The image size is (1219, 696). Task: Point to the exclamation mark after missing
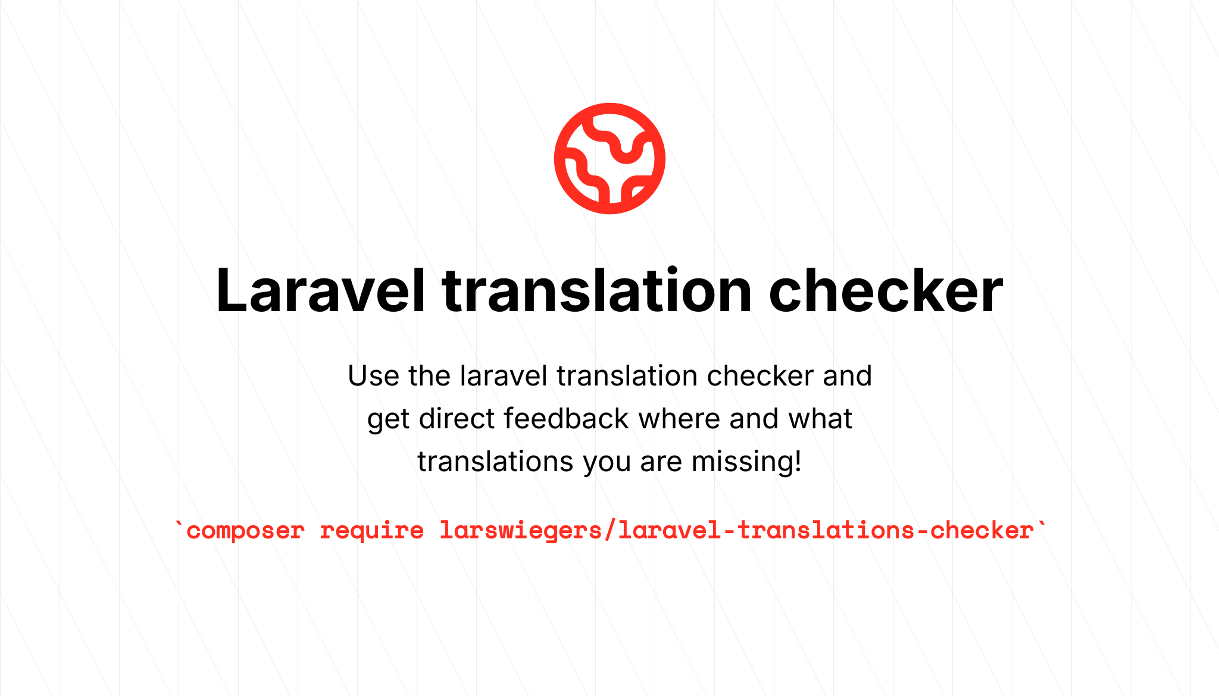click(798, 462)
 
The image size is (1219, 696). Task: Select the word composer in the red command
click(246, 531)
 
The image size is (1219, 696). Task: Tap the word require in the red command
click(372, 531)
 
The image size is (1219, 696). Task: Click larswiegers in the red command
click(521, 531)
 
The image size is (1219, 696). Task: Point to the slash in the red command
click(610, 530)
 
